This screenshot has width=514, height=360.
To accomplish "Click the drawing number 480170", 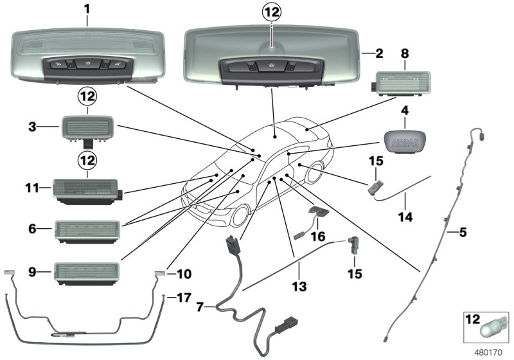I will [491, 352].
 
